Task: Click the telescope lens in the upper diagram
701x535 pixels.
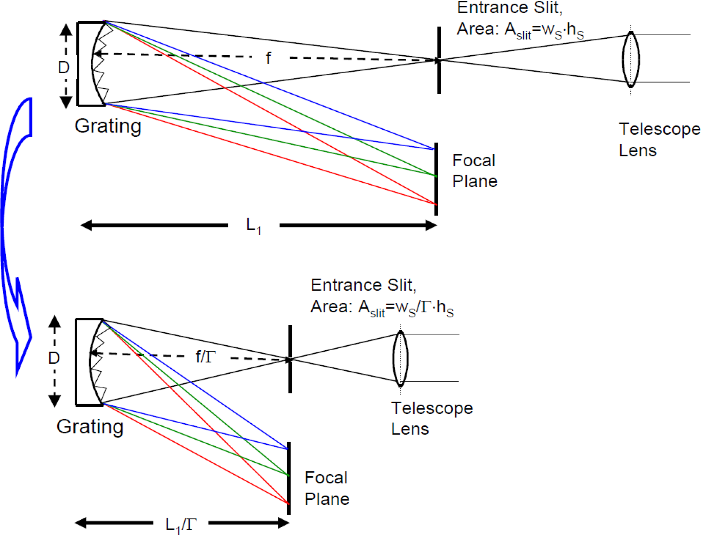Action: pos(630,59)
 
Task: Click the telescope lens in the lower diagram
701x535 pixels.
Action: pos(400,358)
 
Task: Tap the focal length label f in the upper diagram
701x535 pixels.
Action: pos(268,58)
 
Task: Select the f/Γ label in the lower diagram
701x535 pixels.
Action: pos(206,357)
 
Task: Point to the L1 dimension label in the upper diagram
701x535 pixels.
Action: pos(253,226)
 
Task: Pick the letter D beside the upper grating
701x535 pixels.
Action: pos(64,68)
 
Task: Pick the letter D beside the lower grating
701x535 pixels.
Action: pos(54,358)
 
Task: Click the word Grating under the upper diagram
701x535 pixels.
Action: pos(108,126)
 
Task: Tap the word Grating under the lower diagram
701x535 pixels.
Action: pos(90,426)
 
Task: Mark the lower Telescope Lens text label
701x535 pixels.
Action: pos(431,418)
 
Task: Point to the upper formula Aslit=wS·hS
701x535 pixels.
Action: pos(520,30)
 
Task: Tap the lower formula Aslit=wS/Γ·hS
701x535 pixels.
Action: pos(382,308)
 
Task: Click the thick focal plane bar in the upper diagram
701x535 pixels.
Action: pos(436,179)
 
